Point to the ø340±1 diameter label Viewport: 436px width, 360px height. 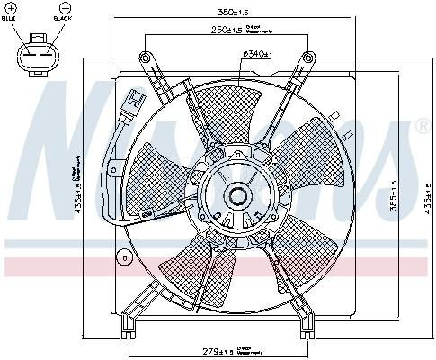tap(257, 57)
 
